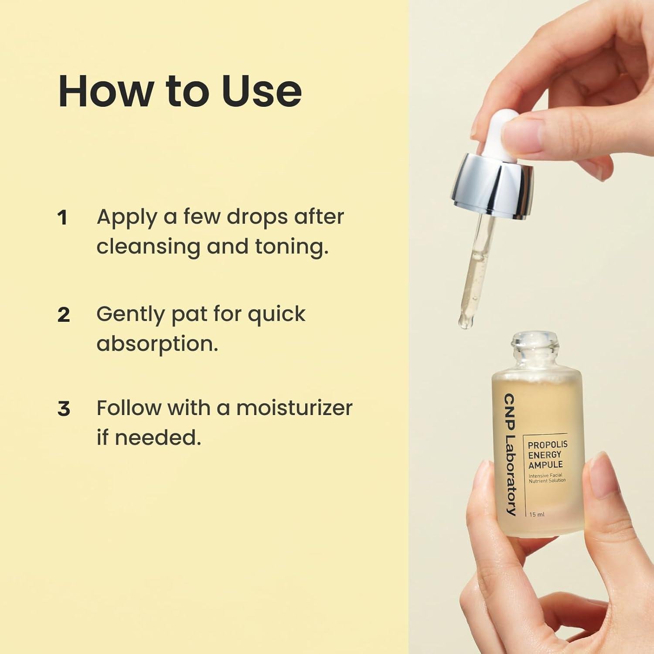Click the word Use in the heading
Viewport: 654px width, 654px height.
[x=262, y=91]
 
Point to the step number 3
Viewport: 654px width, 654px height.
[x=64, y=409]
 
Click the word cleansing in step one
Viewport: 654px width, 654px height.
[x=148, y=247]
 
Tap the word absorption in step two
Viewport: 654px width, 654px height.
[x=157, y=344]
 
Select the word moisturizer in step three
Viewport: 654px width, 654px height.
[x=294, y=408]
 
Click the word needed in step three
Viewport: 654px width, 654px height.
[x=157, y=437]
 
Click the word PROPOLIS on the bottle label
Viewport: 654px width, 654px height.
[x=548, y=445]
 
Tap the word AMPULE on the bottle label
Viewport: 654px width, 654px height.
[x=545, y=465]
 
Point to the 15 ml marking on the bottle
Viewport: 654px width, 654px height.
[x=537, y=514]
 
